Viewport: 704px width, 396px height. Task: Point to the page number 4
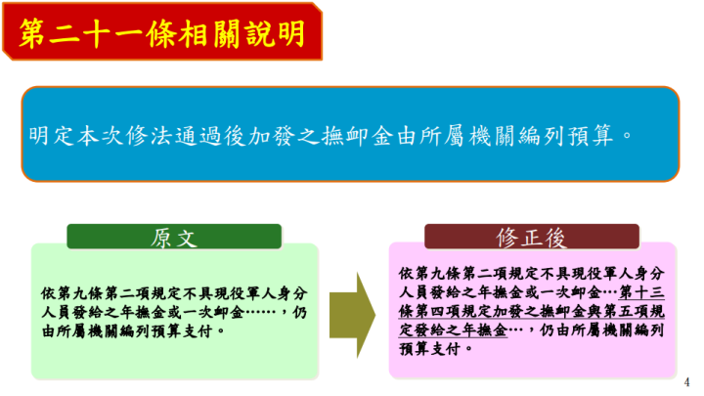(x=687, y=380)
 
